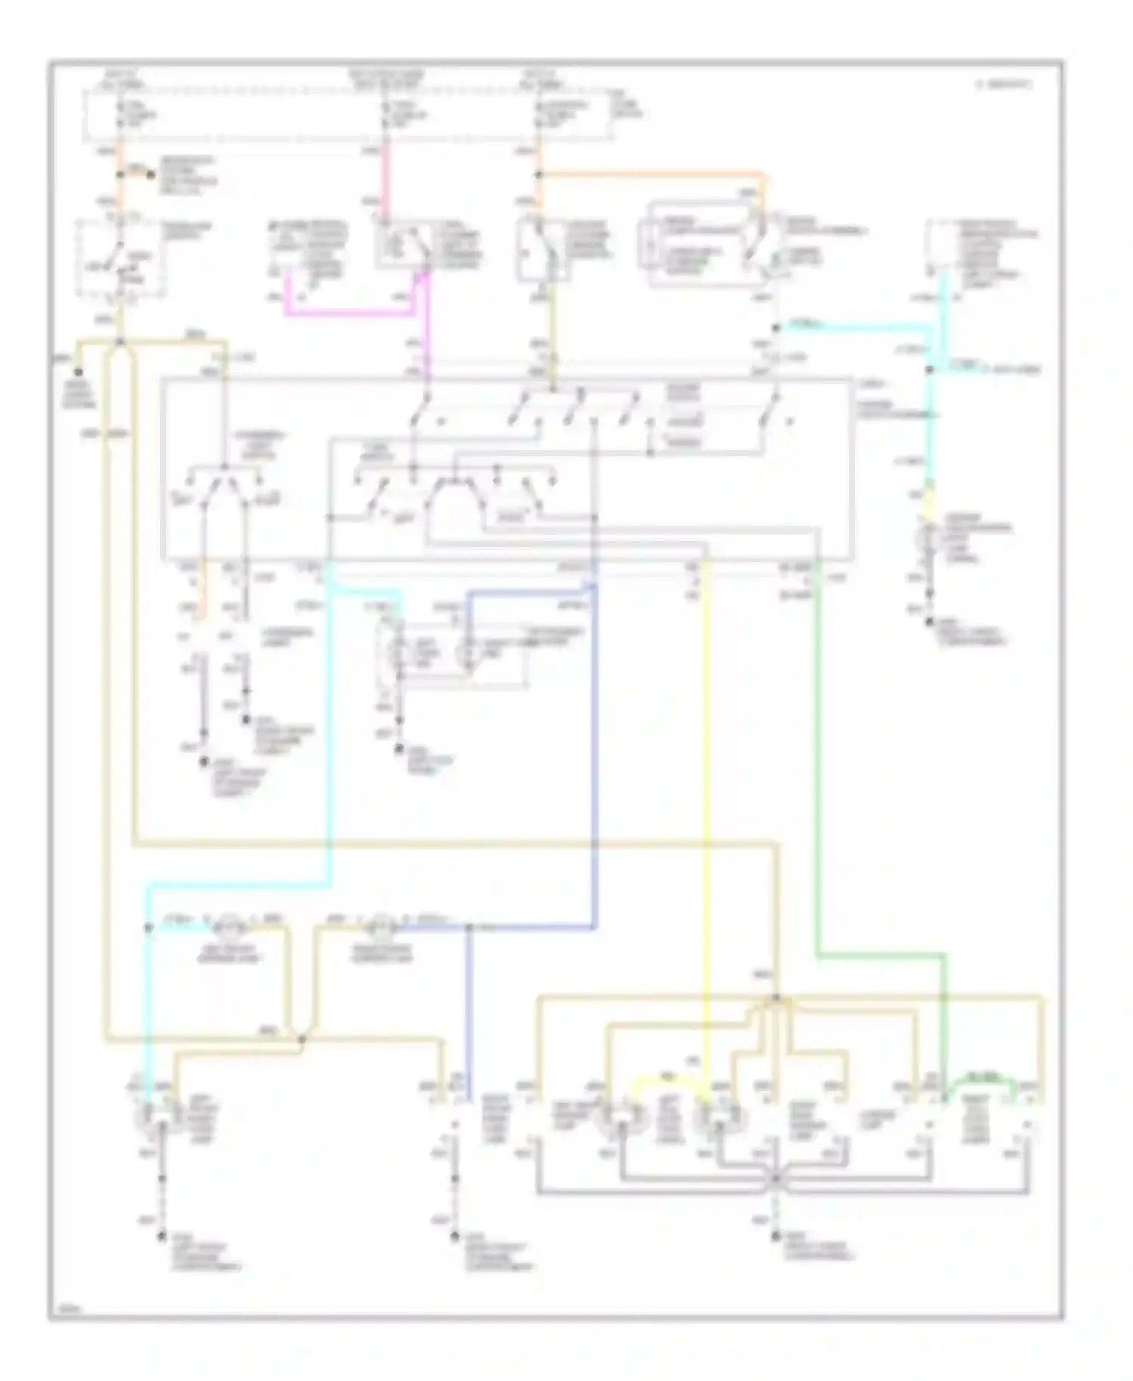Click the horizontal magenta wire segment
tap(347, 312)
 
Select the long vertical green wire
tap(817, 755)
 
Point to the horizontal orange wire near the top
tap(650, 176)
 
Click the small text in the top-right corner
tap(1005, 85)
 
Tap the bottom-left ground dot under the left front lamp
tap(161, 1237)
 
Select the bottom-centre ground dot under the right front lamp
tap(455, 1237)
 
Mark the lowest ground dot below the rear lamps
tap(776, 1237)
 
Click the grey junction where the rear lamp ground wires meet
tap(776, 1179)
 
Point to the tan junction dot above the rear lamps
tap(776, 999)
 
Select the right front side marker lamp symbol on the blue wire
tap(381, 923)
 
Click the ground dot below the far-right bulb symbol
tap(930, 623)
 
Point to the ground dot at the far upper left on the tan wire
tap(78, 372)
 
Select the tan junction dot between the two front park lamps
tap(301, 1040)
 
